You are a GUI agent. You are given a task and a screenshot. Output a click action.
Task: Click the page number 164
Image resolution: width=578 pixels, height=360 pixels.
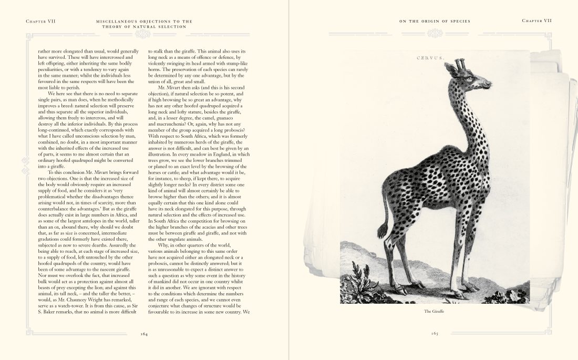click(143, 333)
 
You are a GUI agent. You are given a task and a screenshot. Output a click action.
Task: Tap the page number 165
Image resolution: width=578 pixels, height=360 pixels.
click(435, 333)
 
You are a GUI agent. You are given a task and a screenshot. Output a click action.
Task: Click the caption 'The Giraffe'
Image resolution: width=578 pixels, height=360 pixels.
click(435, 311)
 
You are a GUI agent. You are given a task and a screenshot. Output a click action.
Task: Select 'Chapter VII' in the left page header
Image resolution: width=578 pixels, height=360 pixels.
click(40, 21)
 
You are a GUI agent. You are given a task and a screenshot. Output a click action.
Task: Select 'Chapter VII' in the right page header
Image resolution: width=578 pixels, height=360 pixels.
click(536, 21)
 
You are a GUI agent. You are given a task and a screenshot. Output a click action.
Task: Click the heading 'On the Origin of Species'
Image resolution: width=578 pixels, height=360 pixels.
click(435, 21)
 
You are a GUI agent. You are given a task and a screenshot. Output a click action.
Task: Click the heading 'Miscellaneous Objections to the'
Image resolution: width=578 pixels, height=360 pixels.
click(143, 21)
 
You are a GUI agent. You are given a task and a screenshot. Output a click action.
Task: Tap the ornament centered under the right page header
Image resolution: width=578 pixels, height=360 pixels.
click(435, 34)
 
